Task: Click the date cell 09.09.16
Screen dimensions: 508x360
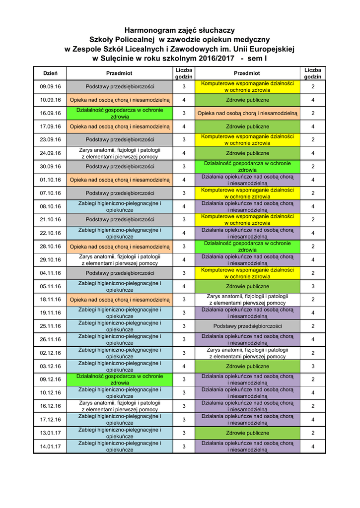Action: (50, 87)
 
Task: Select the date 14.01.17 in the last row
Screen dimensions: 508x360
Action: (50, 446)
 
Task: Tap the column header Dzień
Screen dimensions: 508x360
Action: (50, 73)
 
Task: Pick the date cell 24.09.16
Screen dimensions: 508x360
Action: (50, 153)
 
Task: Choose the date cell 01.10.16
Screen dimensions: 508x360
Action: (50, 180)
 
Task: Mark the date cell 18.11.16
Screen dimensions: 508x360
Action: (50, 300)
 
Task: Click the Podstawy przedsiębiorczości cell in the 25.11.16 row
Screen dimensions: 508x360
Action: (247, 326)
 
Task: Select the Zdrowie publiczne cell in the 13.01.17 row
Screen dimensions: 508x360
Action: (247, 433)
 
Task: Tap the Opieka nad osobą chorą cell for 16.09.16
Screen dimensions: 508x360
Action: (247, 113)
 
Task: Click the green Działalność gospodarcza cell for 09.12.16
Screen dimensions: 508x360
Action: (120, 380)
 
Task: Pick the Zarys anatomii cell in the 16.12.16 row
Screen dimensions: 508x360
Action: (120, 406)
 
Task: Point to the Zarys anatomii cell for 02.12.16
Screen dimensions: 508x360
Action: (247, 353)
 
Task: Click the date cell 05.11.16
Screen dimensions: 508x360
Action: (50, 286)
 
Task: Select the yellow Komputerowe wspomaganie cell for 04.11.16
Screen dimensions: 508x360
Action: (247, 273)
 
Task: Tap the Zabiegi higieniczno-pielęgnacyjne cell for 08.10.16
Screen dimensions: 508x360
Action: (120, 206)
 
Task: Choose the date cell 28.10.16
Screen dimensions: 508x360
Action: (50, 247)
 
